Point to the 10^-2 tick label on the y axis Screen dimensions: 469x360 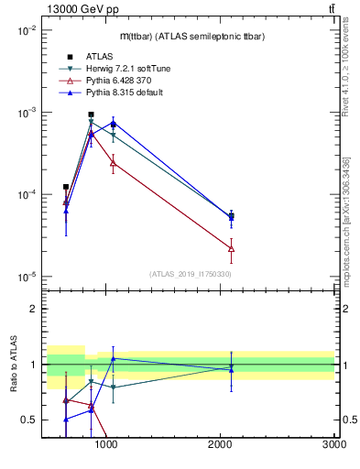click(26, 30)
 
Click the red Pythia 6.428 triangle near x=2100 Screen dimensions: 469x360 click(231, 248)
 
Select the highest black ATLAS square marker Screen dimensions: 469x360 click(91, 115)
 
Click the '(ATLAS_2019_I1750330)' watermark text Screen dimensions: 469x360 click(189, 274)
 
